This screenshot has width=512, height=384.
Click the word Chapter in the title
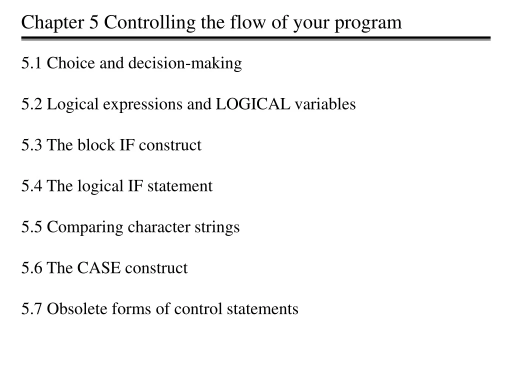52,23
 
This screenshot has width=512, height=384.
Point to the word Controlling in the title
149,23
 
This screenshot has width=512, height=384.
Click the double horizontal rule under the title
255,38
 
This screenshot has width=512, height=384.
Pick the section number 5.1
31,63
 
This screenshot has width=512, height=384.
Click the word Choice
71,63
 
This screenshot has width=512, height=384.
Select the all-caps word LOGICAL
252,104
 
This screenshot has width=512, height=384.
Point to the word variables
325,104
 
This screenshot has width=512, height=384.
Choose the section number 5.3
31,145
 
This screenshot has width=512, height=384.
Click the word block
96,144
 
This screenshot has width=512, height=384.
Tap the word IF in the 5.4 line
135,186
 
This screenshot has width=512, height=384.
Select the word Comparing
85,227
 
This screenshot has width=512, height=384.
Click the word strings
217,227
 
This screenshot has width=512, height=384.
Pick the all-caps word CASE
98,268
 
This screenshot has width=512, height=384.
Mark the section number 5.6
31,268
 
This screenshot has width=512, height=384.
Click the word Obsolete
77,309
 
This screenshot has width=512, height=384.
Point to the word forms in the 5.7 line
131,309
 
